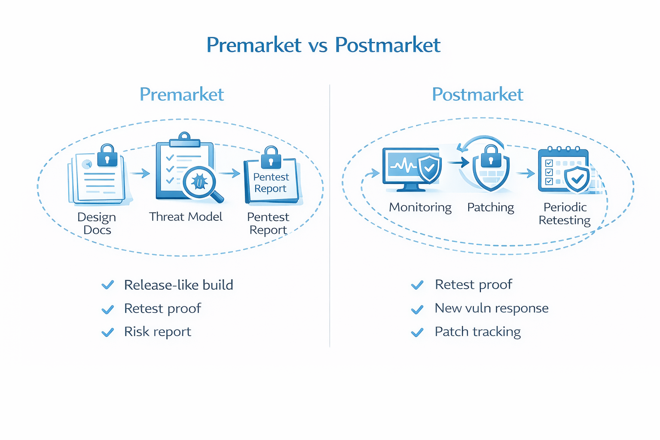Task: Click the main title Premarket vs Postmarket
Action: pyautogui.click(x=323, y=45)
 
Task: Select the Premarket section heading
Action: pyautogui.click(x=181, y=95)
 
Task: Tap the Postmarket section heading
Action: pyautogui.click(x=477, y=95)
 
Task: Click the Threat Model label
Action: pyautogui.click(x=186, y=217)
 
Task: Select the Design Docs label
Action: pyautogui.click(x=97, y=223)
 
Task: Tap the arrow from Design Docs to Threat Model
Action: pyautogui.click(x=140, y=173)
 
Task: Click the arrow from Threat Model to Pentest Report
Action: pyautogui.click(x=230, y=173)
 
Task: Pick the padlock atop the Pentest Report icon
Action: pyautogui.click(x=271, y=158)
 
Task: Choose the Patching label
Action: pyautogui.click(x=490, y=207)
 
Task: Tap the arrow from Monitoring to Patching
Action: pyautogui.click(x=458, y=162)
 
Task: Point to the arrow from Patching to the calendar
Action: pyautogui.click(x=525, y=173)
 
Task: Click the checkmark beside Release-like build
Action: pyautogui.click(x=107, y=285)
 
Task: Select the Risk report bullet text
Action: pyautogui.click(x=157, y=332)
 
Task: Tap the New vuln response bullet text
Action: pyautogui.click(x=492, y=308)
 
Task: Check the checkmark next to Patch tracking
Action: pyautogui.click(x=417, y=332)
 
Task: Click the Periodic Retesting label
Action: pyautogui.click(x=565, y=214)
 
